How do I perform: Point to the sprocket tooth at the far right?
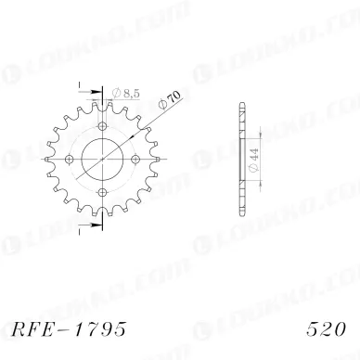coord(163,157)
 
